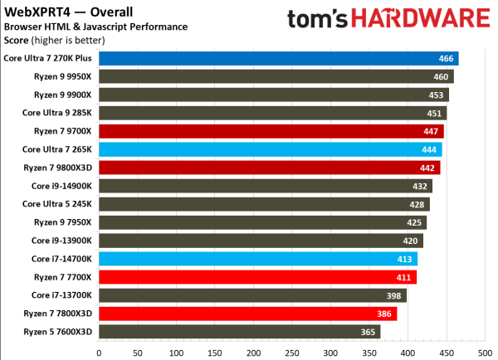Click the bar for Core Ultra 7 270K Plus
[x=278, y=58]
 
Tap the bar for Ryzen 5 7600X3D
[x=239, y=332]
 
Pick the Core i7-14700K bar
[x=258, y=259]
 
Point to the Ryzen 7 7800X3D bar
[x=247, y=314]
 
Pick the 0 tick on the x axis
[x=99, y=352]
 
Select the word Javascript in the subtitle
[x=139, y=27]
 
